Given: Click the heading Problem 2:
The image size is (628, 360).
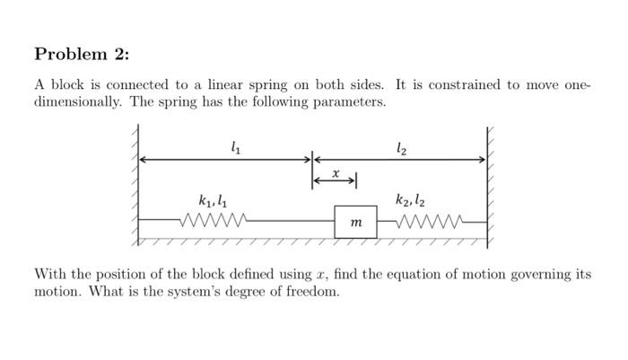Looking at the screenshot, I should pos(82,54).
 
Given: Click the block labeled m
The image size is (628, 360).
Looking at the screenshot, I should pos(355,222).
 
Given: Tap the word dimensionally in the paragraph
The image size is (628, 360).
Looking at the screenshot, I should pos(78,101).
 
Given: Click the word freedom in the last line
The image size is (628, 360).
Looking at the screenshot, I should pos(311,293).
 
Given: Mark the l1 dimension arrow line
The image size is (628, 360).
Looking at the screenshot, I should pos(224,160).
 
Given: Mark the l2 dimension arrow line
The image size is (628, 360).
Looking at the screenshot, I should pos(399,160).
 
